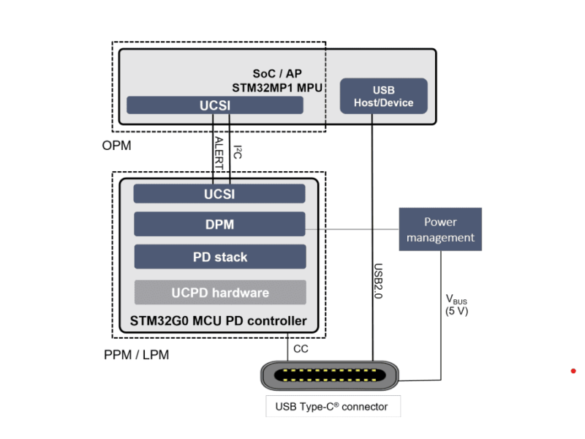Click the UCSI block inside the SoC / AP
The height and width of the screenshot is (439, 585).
click(215, 105)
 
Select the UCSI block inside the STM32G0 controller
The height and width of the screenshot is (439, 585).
click(219, 194)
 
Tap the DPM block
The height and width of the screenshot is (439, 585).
click(219, 225)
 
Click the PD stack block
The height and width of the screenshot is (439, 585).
click(219, 258)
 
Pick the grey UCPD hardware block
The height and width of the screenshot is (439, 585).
click(219, 293)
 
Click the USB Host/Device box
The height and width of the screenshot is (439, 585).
click(383, 97)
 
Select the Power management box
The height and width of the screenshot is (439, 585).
click(440, 230)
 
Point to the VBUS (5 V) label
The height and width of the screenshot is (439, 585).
click(458, 305)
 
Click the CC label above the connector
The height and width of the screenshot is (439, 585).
click(301, 349)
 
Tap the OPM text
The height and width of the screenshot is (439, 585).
click(117, 146)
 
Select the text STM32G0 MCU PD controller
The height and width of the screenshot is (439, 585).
click(218, 320)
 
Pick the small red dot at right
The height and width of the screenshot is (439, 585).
click(573, 371)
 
